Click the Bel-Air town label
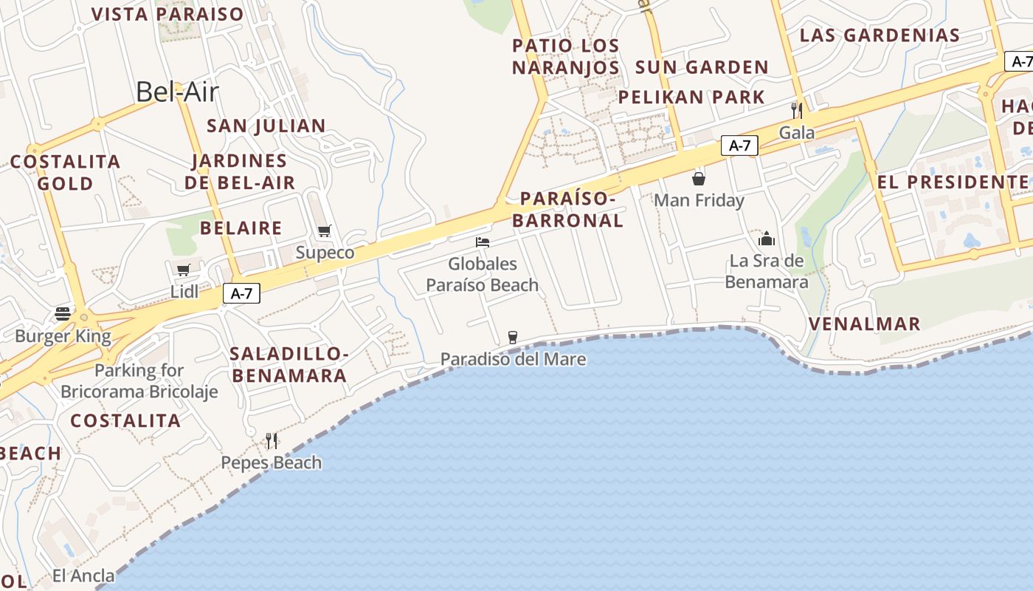[x=178, y=92]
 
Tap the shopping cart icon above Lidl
[x=183, y=270]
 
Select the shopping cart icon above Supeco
[x=324, y=231]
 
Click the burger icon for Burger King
[x=63, y=314]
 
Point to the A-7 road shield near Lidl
[x=241, y=293]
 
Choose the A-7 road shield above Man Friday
[x=739, y=146]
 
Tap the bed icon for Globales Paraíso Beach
[x=483, y=242]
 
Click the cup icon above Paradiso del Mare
[x=513, y=338]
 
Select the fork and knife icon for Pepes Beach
[x=272, y=440]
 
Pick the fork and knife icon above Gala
[x=797, y=111]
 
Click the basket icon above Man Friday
[x=698, y=179]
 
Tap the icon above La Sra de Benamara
[x=767, y=239]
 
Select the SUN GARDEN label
[x=702, y=67]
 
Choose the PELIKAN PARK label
[x=691, y=97]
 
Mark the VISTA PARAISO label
[x=167, y=14]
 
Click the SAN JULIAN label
[x=266, y=126]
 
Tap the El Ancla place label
[x=83, y=575]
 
